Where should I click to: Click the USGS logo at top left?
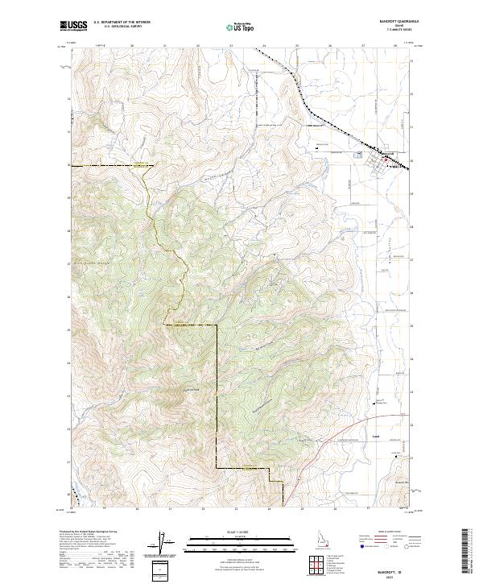[73, 26]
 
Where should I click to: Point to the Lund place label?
[376, 438]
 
